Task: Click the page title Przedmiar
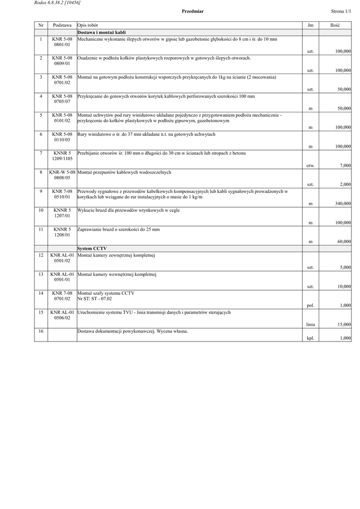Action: pos(192,11)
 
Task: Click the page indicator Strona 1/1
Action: pos(341,11)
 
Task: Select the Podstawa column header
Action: pos(62,25)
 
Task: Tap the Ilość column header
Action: pos(335,25)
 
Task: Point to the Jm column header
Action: pos(310,25)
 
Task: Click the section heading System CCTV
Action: pos(92,248)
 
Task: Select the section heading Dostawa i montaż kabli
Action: pos(98,32)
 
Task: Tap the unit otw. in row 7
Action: pos(310,165)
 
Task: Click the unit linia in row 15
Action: pos(310,324)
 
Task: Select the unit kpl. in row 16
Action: pos(310,338)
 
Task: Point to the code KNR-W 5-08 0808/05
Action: pos(62,174)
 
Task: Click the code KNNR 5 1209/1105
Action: pos(62,156)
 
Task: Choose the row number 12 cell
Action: pos(41,254)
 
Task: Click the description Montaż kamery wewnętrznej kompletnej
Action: pos(117,274)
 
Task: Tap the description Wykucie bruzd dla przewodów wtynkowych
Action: pos(128,210)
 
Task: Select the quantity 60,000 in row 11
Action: pos(343,242)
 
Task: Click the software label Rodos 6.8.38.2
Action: pos(57,3)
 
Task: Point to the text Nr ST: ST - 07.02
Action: pos(94,299)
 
